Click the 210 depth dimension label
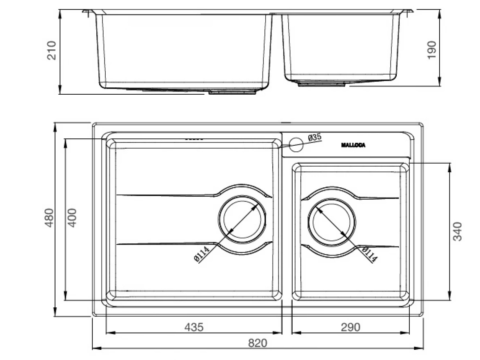point(52,51)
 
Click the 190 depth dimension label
point(431,49)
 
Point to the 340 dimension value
point(458,231)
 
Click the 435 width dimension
point(193,327)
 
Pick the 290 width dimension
point(350,327)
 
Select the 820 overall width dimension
point(258,343)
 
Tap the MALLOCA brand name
point(353,145)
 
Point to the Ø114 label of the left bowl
point(201,254)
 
